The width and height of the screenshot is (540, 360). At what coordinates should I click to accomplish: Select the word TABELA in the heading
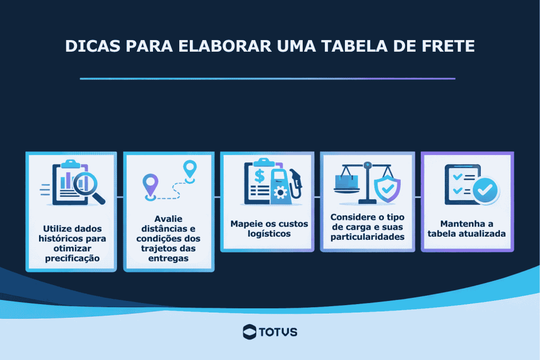(354, 46)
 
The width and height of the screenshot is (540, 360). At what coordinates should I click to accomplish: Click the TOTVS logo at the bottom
(270, 332)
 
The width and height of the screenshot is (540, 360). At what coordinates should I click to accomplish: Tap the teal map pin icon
(189, 169)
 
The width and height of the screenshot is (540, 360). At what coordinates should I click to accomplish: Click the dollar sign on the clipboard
(259, 176)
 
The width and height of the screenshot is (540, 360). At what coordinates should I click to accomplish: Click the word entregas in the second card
(169, 258)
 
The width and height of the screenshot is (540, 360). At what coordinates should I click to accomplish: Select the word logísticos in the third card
(269, 233)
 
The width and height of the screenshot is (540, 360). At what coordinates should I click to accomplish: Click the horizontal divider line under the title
(267, 79)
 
